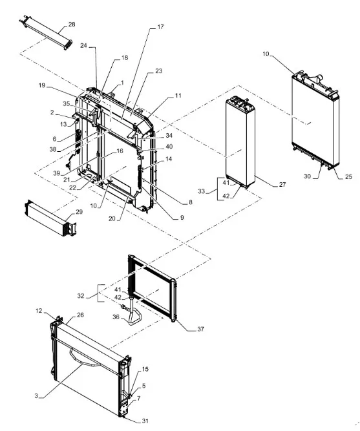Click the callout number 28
pyautogui.click(x=72, y=25)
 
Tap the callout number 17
pyautogui.click(x=161, y=27)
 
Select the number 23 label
pyautogui.click(x=159, y=71)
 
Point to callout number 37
pyautogui.click(x=201, y=329)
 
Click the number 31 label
pyautogui.click(x=145, y=421)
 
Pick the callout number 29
pyautogui.click(x=79, y=212)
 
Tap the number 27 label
pyautogui.click(x=282, y=185)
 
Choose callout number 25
pyautogui.click(x=348, y=176)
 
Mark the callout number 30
pyautogui.click(x=307, y=176)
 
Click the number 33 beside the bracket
pyautogui.click(x=202, y=191)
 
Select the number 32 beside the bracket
pyautogui.click(x=81, y=296)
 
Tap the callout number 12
pyautogui.click(x=39, y=311)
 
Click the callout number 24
pyautogui.click(x=83, y=45)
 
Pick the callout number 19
pyautogui.click(x=42, y=85)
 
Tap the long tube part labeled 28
pyautogui.click(x=46, y=32)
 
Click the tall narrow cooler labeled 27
pyautogui.click(x=240, y=142)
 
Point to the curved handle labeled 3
pyautogui.click(x=86, y=357)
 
